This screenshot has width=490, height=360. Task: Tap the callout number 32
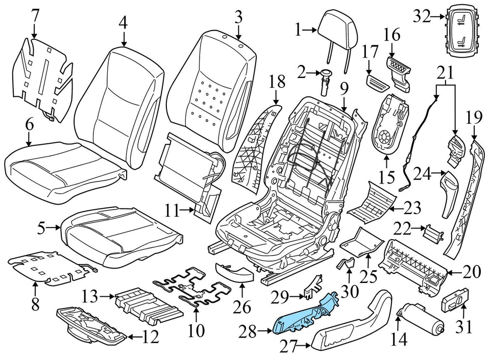(x=421, y=17)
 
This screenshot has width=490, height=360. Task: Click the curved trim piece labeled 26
(x=235, y=273)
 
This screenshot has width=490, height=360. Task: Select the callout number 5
(x=43, y=229)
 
